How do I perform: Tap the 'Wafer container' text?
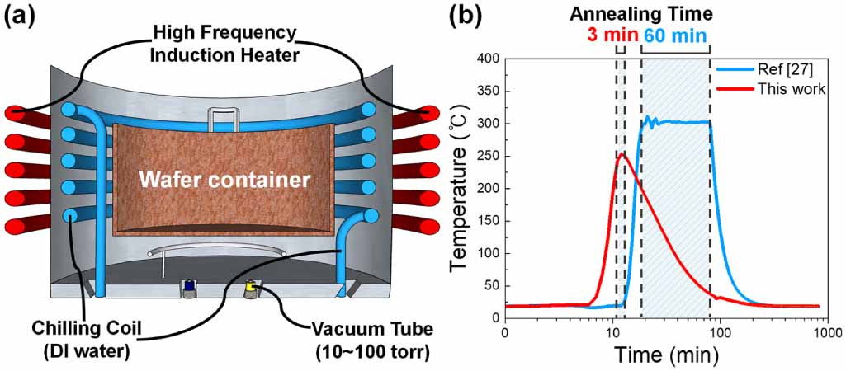[x=224, y=179]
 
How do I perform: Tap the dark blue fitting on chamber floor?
[x=189, y=287]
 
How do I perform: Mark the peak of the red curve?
[x=622, y=153]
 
